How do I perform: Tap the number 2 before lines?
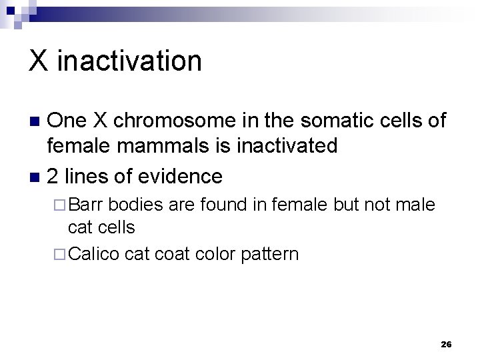(54, 176)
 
